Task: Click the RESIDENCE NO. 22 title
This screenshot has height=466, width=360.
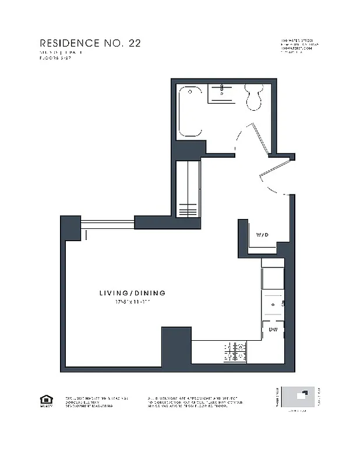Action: pyautogui.click(x=90, y=43)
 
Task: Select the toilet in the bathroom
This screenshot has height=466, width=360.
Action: pyautogui.click(x=254, y=97)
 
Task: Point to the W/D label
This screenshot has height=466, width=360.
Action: pyautogui.click(x=262, y=235)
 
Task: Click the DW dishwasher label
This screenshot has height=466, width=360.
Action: pyautogui.click(x=273, y=330)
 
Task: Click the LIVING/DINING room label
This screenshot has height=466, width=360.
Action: pyautogui.click(x=132, y=293)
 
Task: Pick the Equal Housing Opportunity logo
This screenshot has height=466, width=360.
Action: pyautogui.click(x=45, y=401)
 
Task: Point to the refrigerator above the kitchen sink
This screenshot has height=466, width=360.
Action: pyautogui.click(x=272, y=277)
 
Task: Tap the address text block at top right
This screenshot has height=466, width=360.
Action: pyautogui.click(x=299, y=46)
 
